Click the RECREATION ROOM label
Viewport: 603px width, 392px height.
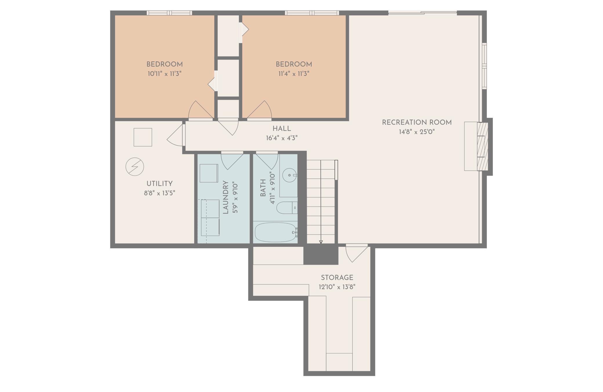click(417, 123)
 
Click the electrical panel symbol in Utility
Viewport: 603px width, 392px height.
click(135, 167)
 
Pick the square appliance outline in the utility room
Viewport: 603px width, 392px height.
click(143, 137)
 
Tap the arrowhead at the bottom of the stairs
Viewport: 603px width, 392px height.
click(321, 242)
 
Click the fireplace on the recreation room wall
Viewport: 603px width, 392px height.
click(476, 146)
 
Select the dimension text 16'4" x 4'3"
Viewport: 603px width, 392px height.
click(282, 138)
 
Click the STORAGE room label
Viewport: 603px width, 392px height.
click(337, 278)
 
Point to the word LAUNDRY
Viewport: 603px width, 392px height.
click(226, 197)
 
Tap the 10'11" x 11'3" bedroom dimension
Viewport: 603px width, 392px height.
click(164, 74)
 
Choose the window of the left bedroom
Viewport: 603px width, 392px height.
click(169, 13)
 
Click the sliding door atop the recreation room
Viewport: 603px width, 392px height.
click(423, 12)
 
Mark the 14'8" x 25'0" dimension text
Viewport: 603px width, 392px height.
click(417, 132)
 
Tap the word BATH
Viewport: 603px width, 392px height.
click(263, 188)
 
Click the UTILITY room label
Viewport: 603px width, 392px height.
click(159, 184)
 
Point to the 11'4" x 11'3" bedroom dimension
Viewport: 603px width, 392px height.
click(294, 74)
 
